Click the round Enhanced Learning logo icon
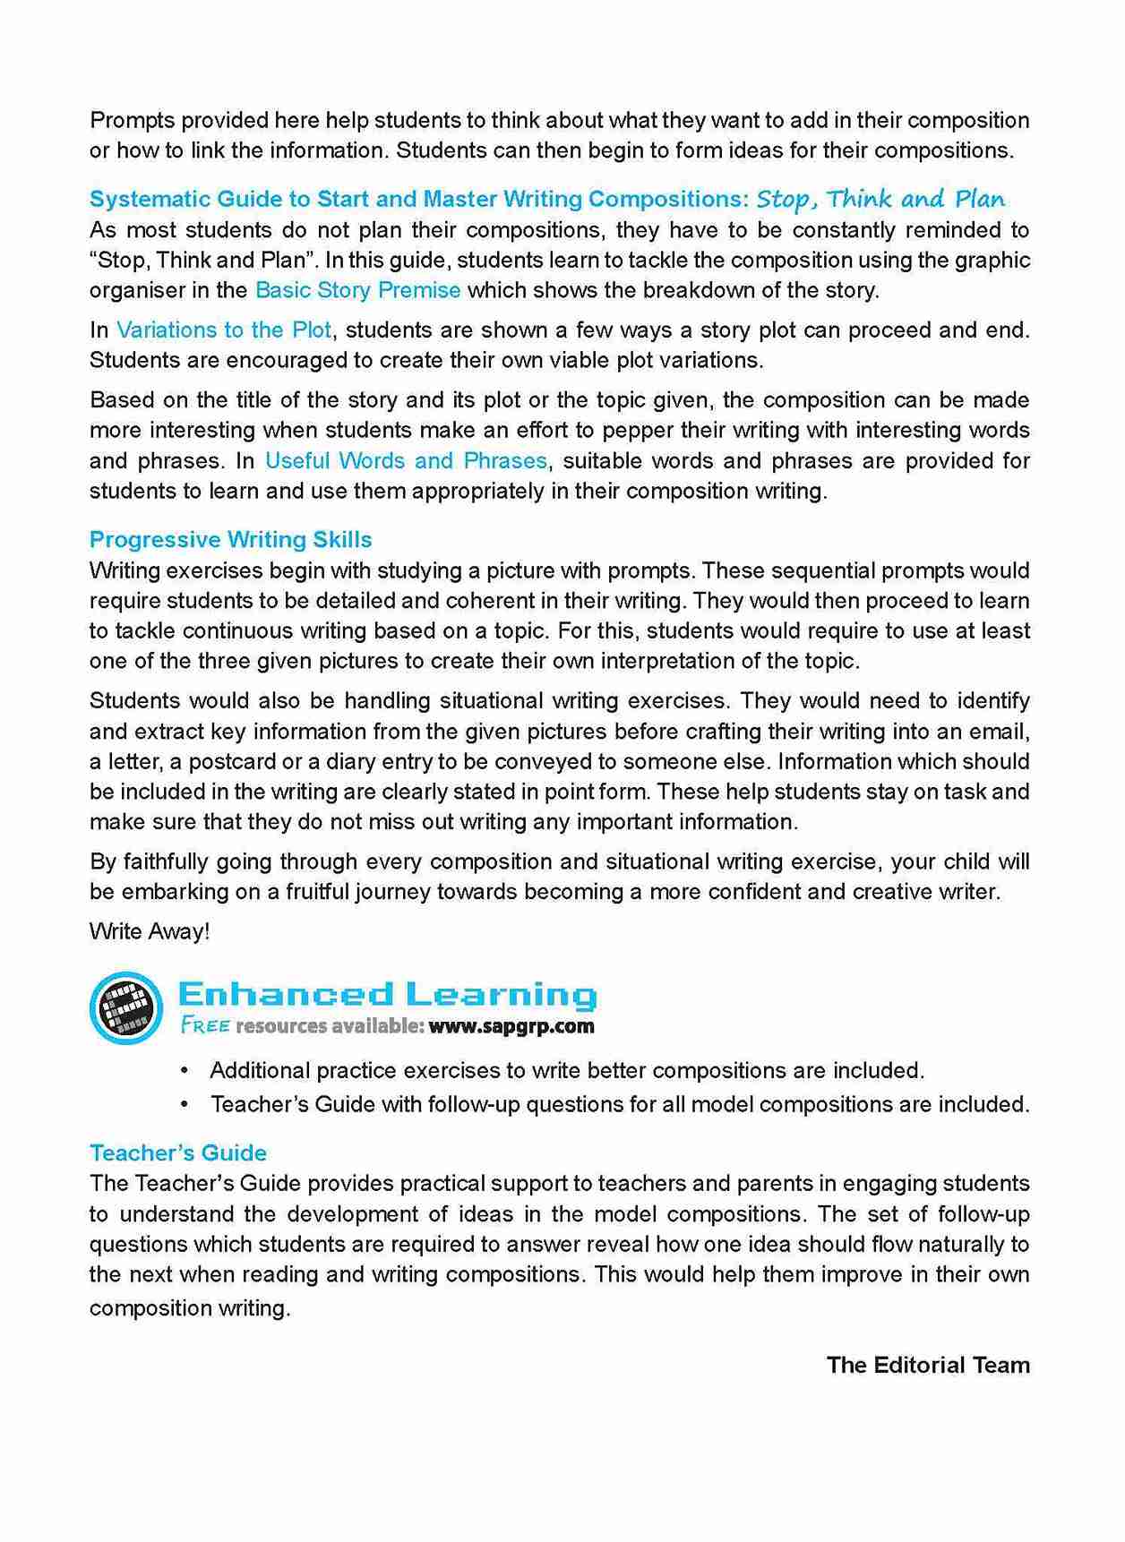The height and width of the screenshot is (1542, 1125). [x=126, y=1007]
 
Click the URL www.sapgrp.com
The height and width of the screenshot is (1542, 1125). [x=511, y=1026]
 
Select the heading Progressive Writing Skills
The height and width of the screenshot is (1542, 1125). [x=230, y=539]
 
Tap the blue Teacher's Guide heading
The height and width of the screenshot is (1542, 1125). [x=178, y=1152]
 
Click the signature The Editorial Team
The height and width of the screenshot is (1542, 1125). [x=927, y=1365]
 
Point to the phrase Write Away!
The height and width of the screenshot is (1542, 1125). [x=150, y=931]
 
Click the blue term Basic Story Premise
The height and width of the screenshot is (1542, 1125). [x=357, y=290]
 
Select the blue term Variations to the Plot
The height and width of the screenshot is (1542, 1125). [x=224, y=330]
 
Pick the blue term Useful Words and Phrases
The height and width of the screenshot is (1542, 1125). [x=406, y=460]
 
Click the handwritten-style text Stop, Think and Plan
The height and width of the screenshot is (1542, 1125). [x=880, y=199]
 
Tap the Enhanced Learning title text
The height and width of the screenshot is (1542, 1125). [x=387, y=994]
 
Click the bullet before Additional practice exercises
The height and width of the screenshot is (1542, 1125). [x=185, y=1071]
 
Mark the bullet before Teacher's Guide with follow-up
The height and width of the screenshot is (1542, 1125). [x=185, y=1104]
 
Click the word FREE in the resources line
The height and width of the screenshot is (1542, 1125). [x=205, y=1026]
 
